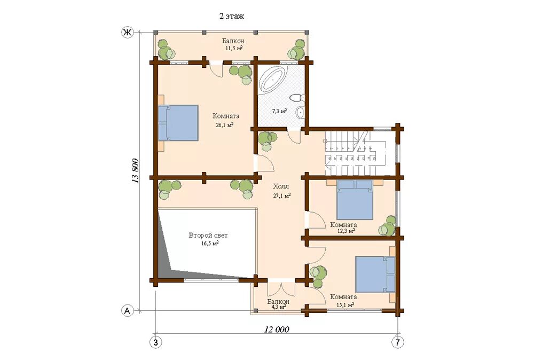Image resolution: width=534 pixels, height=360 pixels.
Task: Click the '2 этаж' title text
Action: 232,16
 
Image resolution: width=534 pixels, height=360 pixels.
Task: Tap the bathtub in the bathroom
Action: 273,79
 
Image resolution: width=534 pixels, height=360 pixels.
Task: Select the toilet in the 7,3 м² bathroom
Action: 296,98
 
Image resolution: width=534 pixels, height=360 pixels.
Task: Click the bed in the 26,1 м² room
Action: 178,123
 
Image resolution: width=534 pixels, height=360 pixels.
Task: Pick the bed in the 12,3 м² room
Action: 355,200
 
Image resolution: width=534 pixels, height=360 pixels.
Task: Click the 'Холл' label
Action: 281,186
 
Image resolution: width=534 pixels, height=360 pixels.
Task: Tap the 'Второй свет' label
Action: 208,235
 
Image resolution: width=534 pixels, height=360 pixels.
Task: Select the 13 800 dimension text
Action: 135,171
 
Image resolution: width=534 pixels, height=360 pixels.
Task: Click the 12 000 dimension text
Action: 277,330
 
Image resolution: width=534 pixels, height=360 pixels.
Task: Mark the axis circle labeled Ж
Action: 127,33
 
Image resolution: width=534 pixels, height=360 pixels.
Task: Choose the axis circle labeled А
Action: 127,311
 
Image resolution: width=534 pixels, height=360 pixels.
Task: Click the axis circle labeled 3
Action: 155,342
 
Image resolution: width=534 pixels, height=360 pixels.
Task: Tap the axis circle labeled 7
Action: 397,342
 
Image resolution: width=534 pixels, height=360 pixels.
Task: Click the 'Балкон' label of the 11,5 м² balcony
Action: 233,41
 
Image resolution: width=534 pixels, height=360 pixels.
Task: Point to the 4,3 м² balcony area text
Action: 278,306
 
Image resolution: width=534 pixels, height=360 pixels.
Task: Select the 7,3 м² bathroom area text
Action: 279,111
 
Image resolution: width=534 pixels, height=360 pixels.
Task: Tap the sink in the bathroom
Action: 300,112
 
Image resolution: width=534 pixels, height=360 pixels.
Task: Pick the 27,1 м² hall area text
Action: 281,195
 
